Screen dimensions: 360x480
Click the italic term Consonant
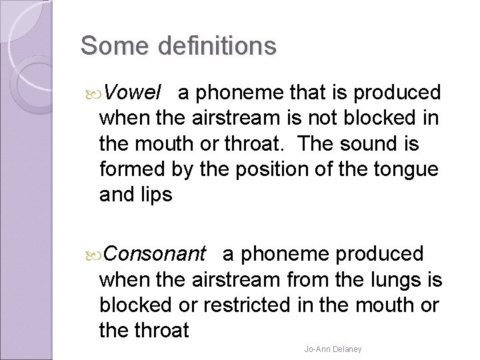pos(155,254)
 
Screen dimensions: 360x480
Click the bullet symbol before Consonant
pos(93,255)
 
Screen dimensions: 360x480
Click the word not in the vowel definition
pos(329,119)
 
